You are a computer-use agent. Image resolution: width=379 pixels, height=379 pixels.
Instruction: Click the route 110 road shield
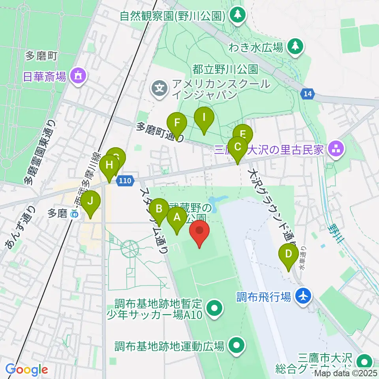(124, 180)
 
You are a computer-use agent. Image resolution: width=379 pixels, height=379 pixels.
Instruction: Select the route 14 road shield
(307, 94)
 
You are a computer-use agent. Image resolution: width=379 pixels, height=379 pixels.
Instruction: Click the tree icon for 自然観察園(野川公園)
(238, 15)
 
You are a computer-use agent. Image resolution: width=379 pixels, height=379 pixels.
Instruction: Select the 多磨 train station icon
(73, 214)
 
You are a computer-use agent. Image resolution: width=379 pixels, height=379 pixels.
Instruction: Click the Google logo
(27, 370)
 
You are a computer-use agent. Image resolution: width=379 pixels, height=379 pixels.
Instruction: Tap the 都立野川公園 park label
(225, 69)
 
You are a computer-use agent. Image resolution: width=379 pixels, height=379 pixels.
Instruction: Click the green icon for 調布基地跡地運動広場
(236, 345)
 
